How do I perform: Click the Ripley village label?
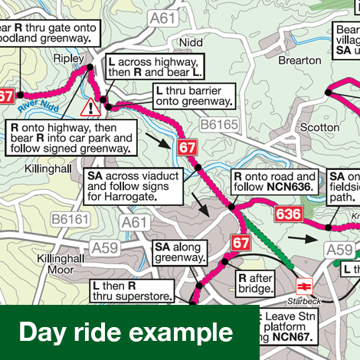67,57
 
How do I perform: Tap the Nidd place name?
188,41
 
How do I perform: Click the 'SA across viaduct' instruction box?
135,186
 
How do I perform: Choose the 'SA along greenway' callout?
179,253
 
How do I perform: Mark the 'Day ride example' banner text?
126,332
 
